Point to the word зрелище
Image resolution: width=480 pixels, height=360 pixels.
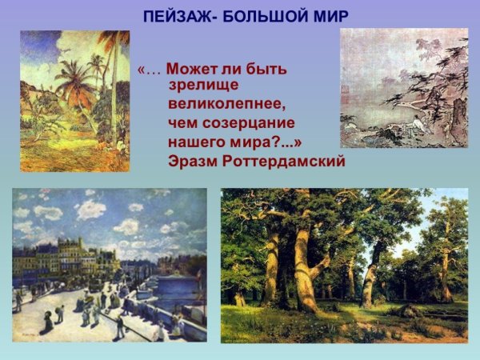coord(204,84)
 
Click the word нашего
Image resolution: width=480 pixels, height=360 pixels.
coord(193,142)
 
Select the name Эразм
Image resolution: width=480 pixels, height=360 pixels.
coord(192,161)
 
